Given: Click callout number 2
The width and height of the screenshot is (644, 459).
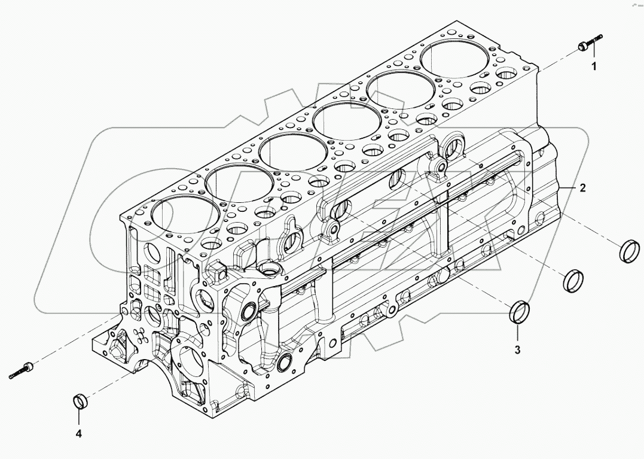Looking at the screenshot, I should (x=582, y=187).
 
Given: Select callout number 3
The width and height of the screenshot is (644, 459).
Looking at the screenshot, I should (x=518, y=349).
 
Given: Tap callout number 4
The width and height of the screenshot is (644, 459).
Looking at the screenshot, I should (x=78, y=433).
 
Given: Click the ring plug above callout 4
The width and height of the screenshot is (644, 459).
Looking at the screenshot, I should (x=80, y=402).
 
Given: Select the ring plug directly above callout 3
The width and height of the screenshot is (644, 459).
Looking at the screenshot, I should (x=518, y=313).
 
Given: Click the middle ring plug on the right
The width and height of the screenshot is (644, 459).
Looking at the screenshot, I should (x=574, y=280).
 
